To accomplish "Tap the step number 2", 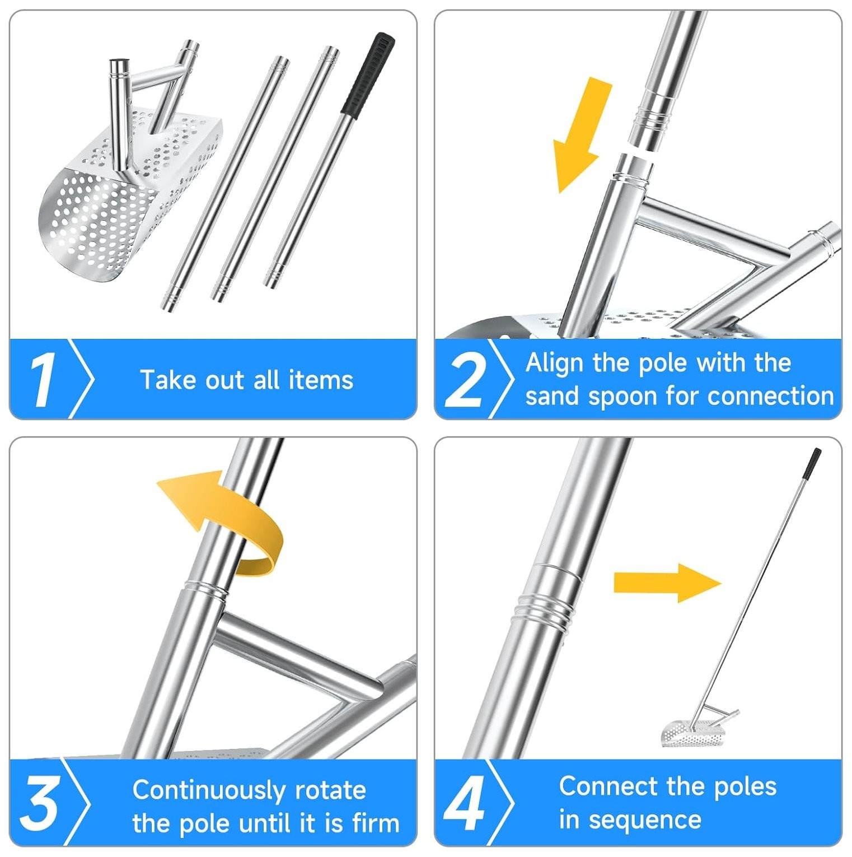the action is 465,381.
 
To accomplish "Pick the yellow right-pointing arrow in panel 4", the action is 667,583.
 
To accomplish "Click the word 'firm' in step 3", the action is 376,823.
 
